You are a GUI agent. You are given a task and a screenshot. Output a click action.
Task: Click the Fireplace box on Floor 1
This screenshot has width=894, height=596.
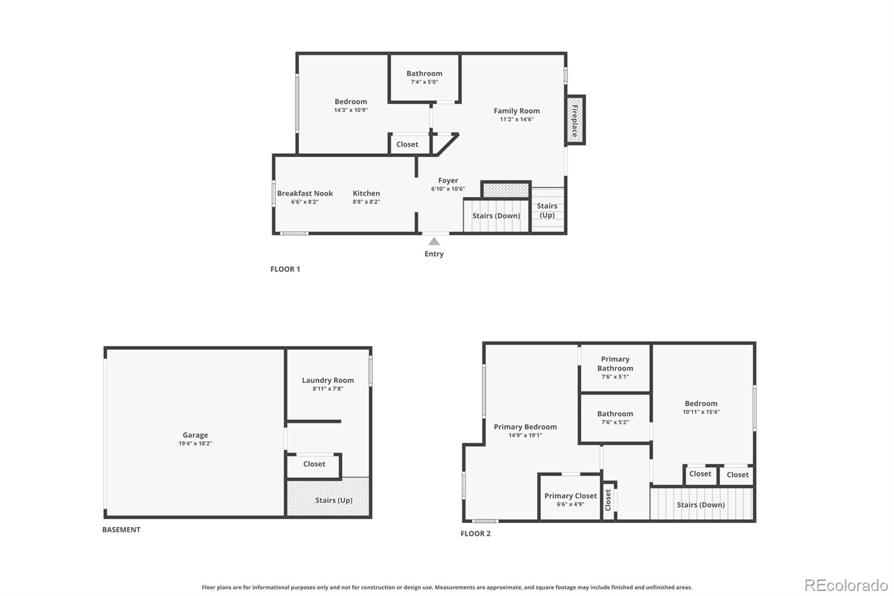pyautogui.click(x=575, y=120)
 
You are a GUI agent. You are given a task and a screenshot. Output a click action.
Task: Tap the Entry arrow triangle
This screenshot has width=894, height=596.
pyautogui.click(x=434, y=242)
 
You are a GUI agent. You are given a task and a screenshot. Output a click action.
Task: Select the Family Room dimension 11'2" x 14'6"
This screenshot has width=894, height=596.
pyautogui.click(x=516, y=119)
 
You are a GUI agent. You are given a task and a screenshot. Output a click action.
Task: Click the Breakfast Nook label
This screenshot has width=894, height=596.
pyautogui.click(x=305, y=193)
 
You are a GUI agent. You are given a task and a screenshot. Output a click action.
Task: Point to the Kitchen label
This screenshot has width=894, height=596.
pyautogui.click(x=366, y=193)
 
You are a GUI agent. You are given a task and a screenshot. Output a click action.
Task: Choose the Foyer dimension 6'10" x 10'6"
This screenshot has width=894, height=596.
pyautogui.click(x=448, y=189)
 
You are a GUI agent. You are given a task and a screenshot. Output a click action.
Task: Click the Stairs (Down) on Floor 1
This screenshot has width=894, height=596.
pyautogui.click(x=496, y=216)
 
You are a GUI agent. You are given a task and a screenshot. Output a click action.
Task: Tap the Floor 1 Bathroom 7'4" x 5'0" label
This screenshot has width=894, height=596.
pyautogui.click(x=424, y=77)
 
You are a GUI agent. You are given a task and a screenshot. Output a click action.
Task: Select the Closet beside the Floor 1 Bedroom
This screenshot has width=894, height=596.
pyautogui.click(x=407, y=144)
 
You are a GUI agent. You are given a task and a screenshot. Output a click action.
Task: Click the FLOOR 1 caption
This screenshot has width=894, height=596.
pyautogui.click(x=285, y=269)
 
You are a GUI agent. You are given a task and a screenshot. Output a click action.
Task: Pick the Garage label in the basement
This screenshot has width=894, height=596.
pyautogui.click(x=195, y=435)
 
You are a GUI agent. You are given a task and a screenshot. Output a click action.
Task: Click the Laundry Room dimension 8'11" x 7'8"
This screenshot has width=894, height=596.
pyautogui.click(x=327, y=389)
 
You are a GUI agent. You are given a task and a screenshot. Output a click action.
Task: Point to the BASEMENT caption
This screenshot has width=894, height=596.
pyautogui.click(x=121, y=529)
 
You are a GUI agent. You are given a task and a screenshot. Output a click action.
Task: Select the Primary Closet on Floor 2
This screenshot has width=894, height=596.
pyautogui.click(x=570, y=499)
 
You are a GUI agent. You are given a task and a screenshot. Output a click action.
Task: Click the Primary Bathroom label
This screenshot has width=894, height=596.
pyautogui.click(x=615, y=363)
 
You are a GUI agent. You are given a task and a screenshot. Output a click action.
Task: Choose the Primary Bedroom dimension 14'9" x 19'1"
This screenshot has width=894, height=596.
pyautogui.click(x=525, y=435)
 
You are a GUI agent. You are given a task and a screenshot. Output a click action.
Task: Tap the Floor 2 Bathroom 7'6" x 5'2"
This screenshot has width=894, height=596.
pyautogui.click(x=615, y=418)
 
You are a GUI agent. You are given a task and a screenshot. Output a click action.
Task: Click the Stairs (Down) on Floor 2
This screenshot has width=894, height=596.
pyautogui.click(x=701, y=504)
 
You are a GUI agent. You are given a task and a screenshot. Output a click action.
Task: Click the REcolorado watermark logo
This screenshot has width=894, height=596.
pyautogui.click(x=845, y=585)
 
